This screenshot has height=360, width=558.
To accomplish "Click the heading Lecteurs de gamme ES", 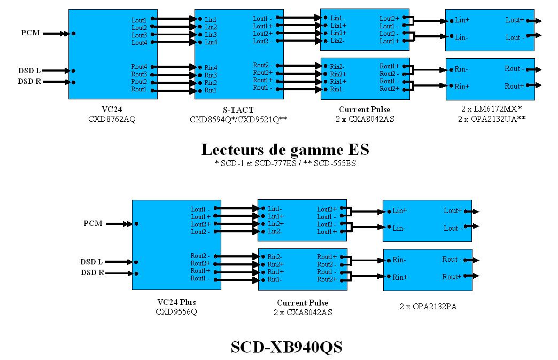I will [x=285, y=150].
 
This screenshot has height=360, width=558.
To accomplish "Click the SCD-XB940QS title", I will [x=286, y=347].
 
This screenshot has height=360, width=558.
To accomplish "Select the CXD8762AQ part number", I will [x=112, y=119].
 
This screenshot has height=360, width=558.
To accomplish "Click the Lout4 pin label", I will [x=139, y=42].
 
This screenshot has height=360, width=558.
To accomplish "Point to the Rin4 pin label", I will [x=211, y=68].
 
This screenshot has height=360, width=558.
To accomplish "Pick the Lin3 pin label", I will [x=211, y=35].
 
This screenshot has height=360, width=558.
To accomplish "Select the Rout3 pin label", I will [x=139, y=74].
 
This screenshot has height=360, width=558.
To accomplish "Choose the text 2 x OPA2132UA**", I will [x=492, y=119].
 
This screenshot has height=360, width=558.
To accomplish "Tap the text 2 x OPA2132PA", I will [x=428, y=307].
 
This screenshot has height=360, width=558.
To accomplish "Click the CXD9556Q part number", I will [x=176, y=311].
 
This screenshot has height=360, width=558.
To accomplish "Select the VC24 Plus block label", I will [x=176, y=302].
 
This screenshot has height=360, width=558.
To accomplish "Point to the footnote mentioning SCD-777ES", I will [x=285, y=163].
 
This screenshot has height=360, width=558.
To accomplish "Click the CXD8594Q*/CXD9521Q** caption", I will [x=238, y=120].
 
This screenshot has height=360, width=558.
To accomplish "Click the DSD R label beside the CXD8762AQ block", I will [x=29, y=82].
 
